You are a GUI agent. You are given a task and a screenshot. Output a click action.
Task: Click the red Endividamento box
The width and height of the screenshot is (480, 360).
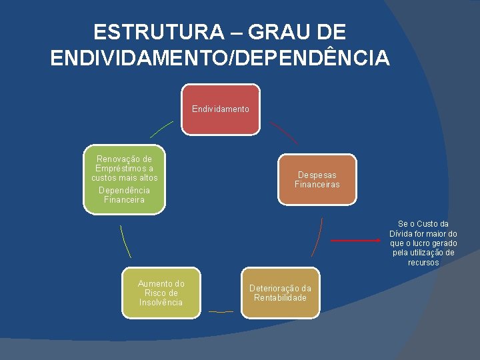[x=221, y=109]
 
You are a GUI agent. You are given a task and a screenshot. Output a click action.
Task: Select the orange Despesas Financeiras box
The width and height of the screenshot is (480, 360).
[x=317, y=179]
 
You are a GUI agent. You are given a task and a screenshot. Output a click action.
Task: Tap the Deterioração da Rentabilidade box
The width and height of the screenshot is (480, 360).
[x=280, y=293]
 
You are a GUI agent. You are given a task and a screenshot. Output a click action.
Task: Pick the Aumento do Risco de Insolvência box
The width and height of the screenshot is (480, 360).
[x=161, y=293]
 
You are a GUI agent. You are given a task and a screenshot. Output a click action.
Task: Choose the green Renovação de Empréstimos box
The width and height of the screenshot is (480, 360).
[x=125, y=179]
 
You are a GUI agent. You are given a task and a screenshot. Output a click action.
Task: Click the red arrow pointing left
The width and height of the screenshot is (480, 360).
[x=357, y=240]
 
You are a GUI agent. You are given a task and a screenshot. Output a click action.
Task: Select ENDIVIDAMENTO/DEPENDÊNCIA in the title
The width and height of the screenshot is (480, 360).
[x=220, y=58]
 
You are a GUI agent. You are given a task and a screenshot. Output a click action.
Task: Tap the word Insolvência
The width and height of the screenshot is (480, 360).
[x=161, y=302]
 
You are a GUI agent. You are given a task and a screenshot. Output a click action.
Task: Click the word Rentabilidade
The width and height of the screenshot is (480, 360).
[x=280, y=297]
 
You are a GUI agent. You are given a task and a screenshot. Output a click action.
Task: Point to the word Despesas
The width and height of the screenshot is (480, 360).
[x=317, y=175]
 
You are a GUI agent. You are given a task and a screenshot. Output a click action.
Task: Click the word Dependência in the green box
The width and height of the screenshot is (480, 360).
[x=125, y=190]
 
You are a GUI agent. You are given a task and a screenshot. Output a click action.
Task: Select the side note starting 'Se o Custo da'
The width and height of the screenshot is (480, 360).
[x=423, y=243]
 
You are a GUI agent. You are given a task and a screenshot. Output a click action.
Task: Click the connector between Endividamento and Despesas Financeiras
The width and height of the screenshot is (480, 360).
[x=283, y=132]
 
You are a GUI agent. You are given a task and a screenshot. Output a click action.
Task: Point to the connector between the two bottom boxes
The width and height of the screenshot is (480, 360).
[x=221, y=311]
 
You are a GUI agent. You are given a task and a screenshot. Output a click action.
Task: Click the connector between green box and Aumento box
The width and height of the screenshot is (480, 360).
[x=125, y=241]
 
